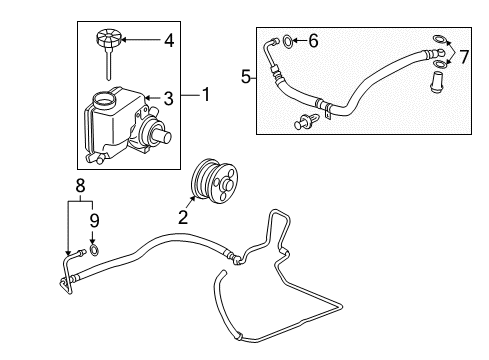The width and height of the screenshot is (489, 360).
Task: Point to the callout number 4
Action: click(168, 41)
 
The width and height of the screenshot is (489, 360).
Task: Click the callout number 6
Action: click(312, 41)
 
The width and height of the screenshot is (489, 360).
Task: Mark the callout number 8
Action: click(81, 184)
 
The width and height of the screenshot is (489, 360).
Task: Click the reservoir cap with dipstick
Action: click(108, 45)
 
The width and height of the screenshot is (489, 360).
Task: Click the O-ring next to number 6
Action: click(289, 41)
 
